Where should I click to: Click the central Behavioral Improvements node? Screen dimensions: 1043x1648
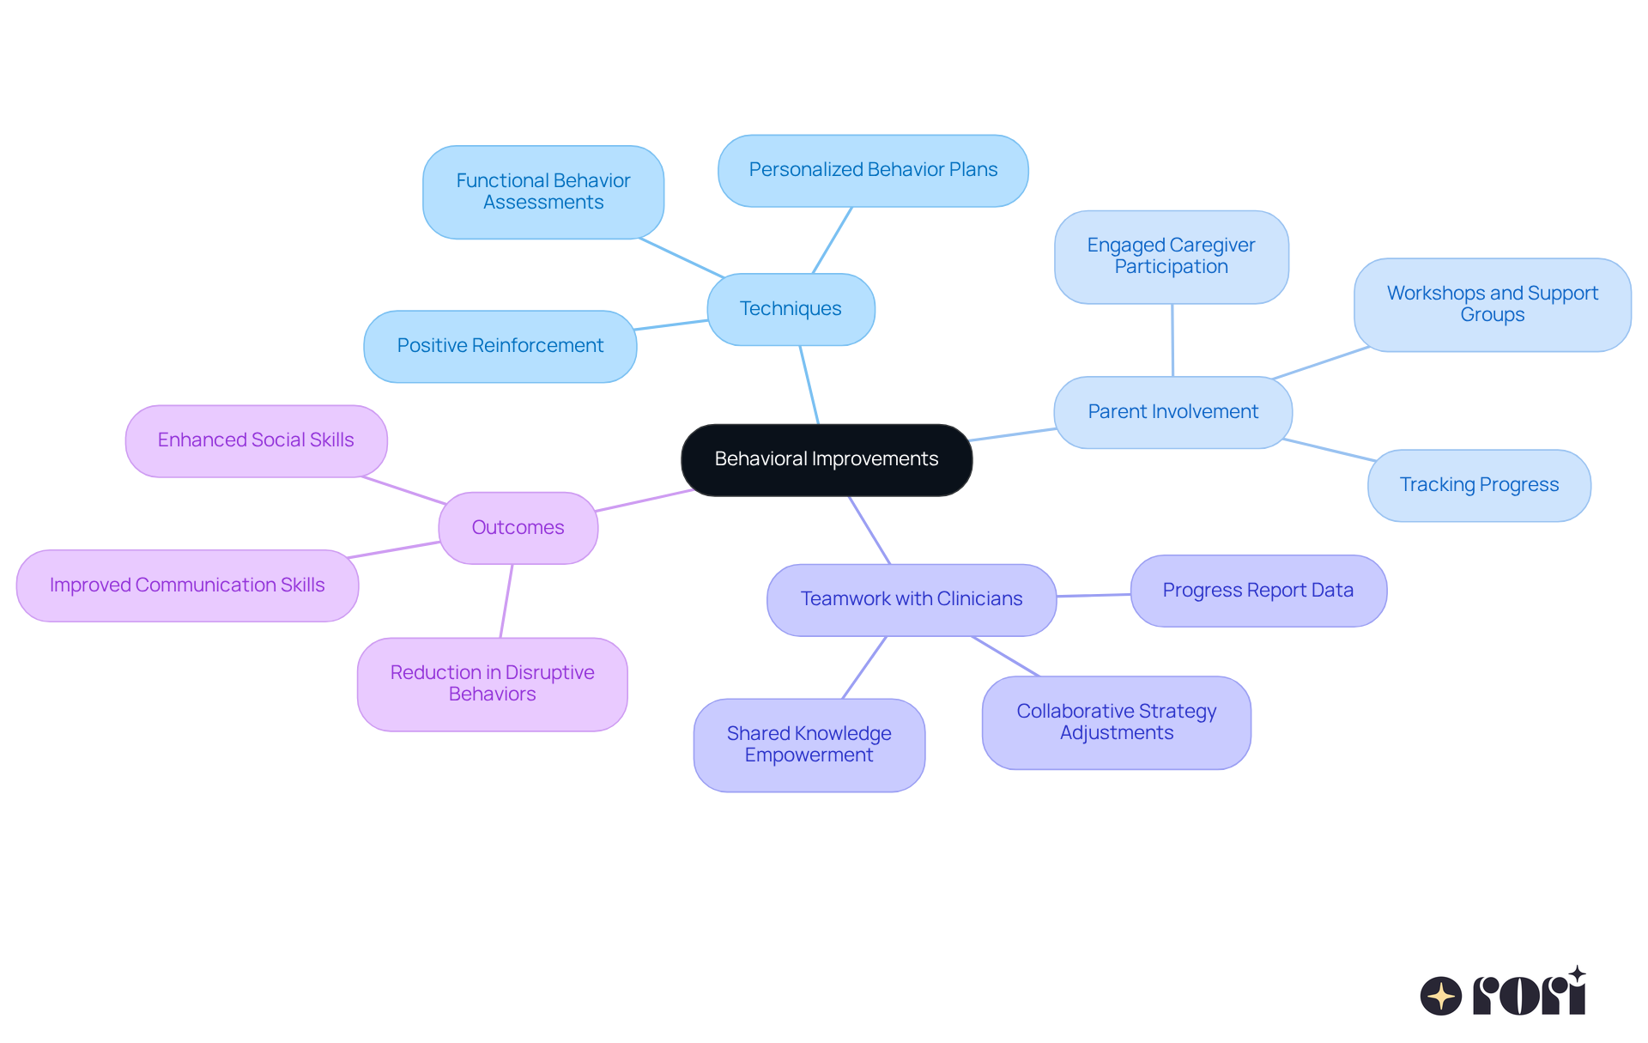coord(827,459)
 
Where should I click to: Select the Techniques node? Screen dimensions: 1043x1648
coord(791,309)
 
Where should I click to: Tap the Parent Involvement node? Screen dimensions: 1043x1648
coord(1172,412)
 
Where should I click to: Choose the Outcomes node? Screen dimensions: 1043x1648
coord(518,527)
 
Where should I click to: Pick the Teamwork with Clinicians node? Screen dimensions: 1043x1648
coord(911,599)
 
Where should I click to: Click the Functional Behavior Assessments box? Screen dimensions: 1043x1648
coord(542,191)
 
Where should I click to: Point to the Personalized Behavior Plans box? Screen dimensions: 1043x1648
coord(873,170)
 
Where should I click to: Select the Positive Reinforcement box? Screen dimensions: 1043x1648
coord(500,346)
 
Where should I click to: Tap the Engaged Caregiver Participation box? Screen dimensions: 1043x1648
coord(1171,256)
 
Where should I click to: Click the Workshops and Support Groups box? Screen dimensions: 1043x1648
coord(1492,304)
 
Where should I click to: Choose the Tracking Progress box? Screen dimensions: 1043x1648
coord(1478,485)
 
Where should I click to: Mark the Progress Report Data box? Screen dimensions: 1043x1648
coord(1257,591)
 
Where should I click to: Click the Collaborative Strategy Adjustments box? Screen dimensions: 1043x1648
coord(1116,722)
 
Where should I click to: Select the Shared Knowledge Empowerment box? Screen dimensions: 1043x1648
coord(809,744)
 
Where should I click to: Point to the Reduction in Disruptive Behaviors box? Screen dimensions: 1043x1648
coord(492,683)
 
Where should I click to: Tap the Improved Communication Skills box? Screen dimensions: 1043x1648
coord(187,585)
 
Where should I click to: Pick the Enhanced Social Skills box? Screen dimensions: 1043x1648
coord(256,440)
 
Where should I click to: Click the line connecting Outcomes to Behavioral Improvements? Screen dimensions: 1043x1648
coord(644,500)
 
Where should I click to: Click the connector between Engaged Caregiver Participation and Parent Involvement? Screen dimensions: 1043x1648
coord(1172,340)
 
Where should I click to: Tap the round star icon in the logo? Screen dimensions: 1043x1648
coord(1440,996)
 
